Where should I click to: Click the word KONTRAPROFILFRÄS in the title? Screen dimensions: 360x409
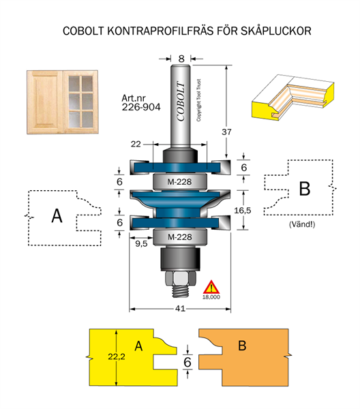[161, 31]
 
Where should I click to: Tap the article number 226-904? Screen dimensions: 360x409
[141, 107]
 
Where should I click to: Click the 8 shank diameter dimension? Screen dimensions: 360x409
[181, 59]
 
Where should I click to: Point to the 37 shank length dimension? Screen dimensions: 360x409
[226, 132]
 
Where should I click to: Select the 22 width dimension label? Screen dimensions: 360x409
[136, 144]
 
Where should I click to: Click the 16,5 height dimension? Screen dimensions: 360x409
[242, 210]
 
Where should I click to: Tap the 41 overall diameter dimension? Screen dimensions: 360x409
[180, 309]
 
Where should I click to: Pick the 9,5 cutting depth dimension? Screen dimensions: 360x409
[141, 244]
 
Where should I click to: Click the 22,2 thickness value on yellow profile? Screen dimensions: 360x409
[117, 357]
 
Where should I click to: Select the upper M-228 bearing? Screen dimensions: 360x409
[180, 181]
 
